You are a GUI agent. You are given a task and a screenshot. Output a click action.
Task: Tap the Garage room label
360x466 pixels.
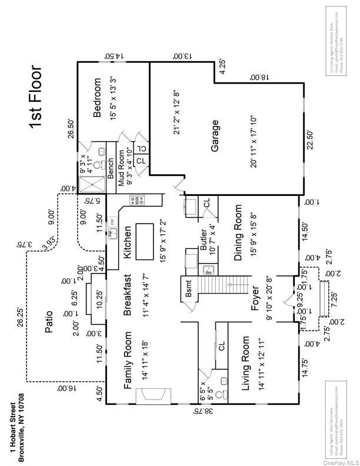(216, 137)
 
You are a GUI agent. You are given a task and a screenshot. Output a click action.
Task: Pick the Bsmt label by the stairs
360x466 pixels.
(188, 290)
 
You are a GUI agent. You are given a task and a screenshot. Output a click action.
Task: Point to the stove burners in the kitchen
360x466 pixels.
(137, 201)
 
